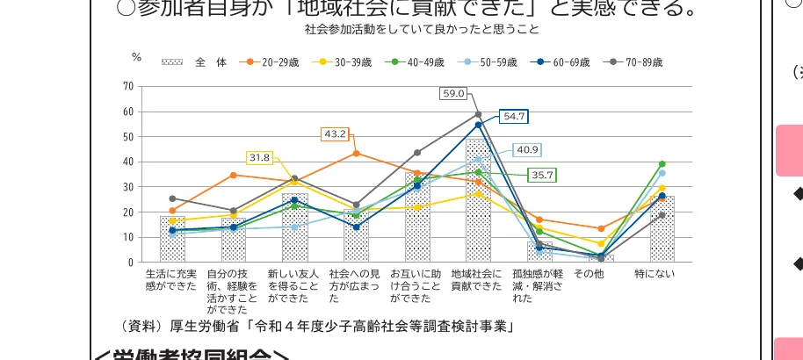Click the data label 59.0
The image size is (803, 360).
[x=453, y=94]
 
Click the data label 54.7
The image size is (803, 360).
[x=513, y=116]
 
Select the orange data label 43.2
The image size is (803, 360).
[x=335, y=134]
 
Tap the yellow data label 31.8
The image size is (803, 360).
[x=259, y=158]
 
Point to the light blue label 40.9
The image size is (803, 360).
[x=527, y=149]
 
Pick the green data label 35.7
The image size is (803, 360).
[x=542, y=176]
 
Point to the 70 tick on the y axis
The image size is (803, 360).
[x=128, y=86]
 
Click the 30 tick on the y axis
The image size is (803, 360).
[x=128, y=187]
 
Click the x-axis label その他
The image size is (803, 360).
[x=589, y=275]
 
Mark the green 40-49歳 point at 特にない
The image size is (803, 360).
[x=662, y=164]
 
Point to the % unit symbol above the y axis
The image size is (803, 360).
[x=136, y=57]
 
